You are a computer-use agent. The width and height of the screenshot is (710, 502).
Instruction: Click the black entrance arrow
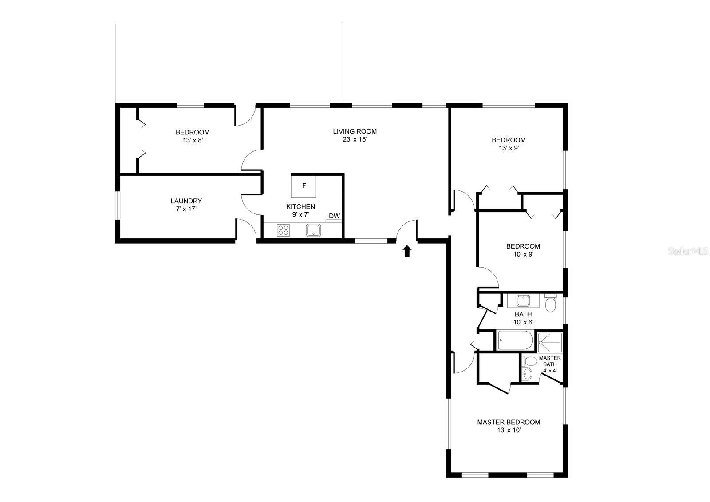[407, 251]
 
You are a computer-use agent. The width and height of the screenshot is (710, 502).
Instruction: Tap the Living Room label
[355, 131]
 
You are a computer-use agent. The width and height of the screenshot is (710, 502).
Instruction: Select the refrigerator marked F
[304, 186]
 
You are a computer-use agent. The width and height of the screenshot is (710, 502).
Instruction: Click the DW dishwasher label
[335, 216]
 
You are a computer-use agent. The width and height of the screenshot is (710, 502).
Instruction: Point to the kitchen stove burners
[283, 230]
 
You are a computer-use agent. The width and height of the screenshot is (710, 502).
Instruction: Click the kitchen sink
[313, 230]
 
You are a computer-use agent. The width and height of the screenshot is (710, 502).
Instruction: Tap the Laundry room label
[186, 201]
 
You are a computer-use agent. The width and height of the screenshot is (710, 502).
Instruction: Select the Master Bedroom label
[509, 422]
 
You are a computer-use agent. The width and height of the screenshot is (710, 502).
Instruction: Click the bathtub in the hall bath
[515, 340]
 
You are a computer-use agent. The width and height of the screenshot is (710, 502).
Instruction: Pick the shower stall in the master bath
[550, 343]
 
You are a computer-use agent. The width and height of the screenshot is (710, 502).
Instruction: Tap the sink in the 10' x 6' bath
[523, 300]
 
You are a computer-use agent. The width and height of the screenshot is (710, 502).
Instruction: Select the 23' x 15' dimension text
[355, 139]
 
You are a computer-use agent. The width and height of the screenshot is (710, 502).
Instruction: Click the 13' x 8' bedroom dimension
[193, 140]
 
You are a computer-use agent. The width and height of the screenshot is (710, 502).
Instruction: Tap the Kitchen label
[300, 207]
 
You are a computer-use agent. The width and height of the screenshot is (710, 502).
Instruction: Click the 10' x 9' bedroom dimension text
[523, 254]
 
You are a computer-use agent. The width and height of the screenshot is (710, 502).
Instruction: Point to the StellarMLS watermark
[688, 251]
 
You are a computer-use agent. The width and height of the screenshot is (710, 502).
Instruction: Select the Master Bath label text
[550, 361]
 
